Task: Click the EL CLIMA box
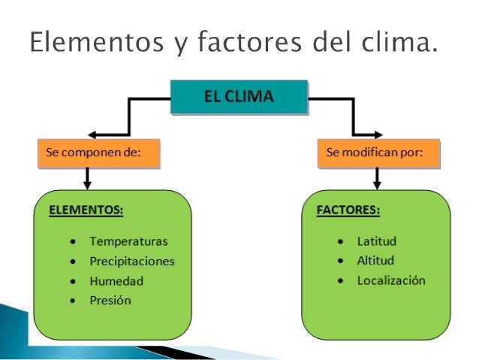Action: click(239, 97)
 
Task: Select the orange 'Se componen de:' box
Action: click(98, 153)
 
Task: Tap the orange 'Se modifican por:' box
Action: click(378, 153)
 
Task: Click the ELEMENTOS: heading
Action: click(86, 210)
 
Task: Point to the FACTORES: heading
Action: click(348, 210)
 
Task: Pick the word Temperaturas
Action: click(128, 242)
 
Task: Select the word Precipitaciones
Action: click(131, 262)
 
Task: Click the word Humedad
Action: click(116, 281)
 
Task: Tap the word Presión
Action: click(110, 300)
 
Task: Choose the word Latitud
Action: click(376, 242)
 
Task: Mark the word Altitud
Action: click(375, 261)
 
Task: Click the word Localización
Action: click(391, 280)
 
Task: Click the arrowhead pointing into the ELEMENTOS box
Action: click(88, 184)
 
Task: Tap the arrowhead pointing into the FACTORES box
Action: click(377, 184)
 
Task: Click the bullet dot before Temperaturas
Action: click(72, 243)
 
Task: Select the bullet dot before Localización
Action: click(341, 281)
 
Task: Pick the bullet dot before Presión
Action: click(72, 301)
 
